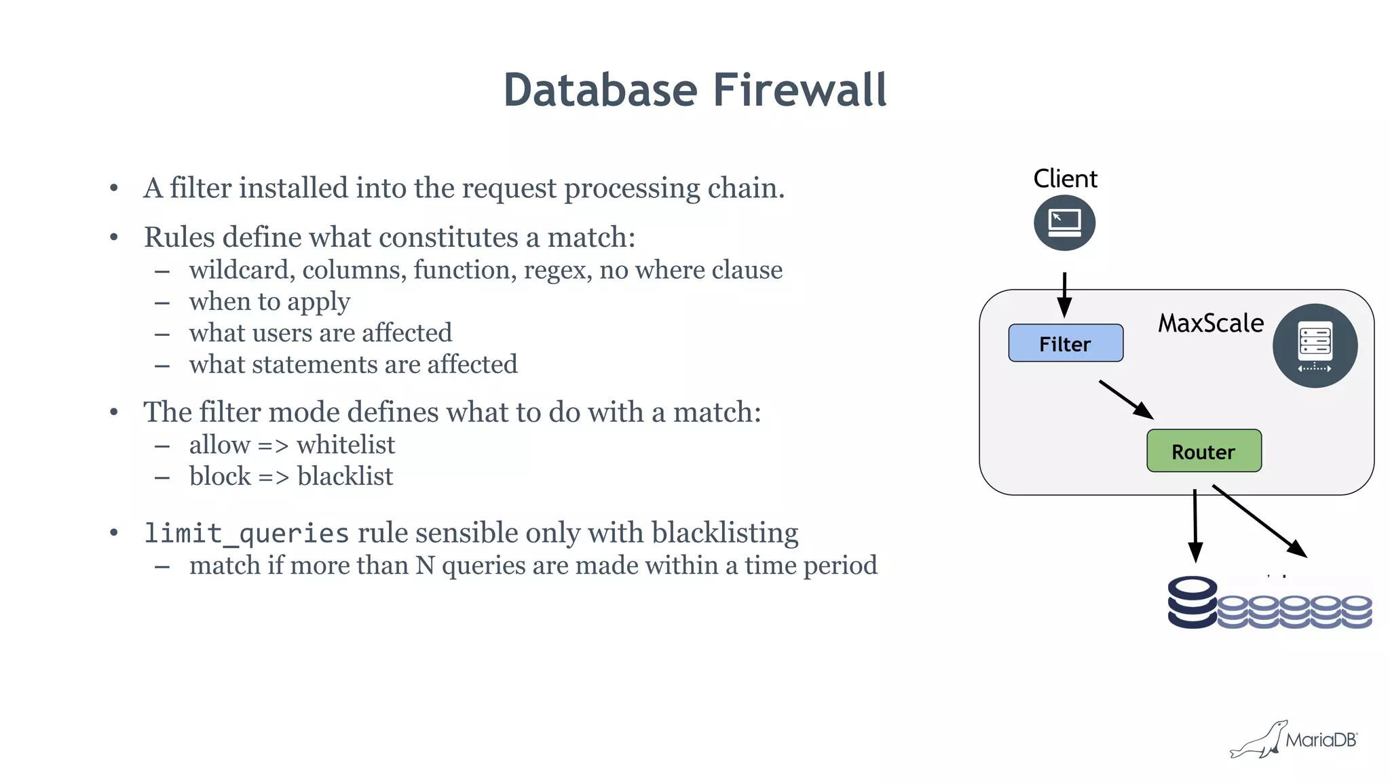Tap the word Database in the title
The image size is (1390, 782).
point(601,90)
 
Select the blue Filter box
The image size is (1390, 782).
point(1066,343)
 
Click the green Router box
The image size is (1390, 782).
point(1203,451)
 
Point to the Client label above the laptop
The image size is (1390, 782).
point(1065,178)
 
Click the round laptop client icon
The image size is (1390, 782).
point(1064,222)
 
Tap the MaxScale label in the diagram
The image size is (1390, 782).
point(1211,323)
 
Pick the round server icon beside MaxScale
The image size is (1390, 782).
point(1315,346)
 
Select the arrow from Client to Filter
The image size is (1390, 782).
point(1064,294)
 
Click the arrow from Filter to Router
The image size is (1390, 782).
point(1126,399)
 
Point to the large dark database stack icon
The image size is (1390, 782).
point(1192,602)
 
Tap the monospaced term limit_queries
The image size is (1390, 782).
point(246,533)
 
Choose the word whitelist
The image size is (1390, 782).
point(345,445)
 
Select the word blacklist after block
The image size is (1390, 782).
point(345,476)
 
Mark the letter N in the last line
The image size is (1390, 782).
point(425,565)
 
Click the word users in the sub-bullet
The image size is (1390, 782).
point(279,333)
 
